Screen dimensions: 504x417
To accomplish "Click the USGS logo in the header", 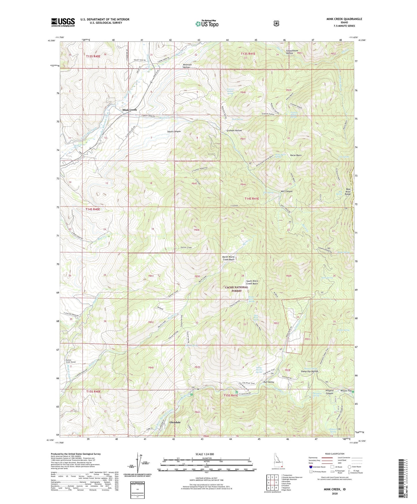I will pyautogui.click(x=63, y=22).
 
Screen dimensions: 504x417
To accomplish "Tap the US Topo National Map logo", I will pyautogui.click(x=207, y=23).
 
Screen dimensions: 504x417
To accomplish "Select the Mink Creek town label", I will pyautogui.click(x=129, y=110).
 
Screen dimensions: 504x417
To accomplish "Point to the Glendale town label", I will pyautogui.click(x=175, y=422).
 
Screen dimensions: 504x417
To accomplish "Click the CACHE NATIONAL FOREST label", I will pyautogui.click(x=236, y=289).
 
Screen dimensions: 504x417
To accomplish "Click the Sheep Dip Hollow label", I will pyautogui.click(x=309, y=372).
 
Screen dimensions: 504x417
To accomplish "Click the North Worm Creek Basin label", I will pyautogui.click(x=228, y=258).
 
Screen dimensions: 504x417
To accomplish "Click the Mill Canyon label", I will pyautogui.click(x=287, y=191).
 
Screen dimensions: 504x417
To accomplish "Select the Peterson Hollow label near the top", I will pyautogui.click(x=187, y=66).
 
